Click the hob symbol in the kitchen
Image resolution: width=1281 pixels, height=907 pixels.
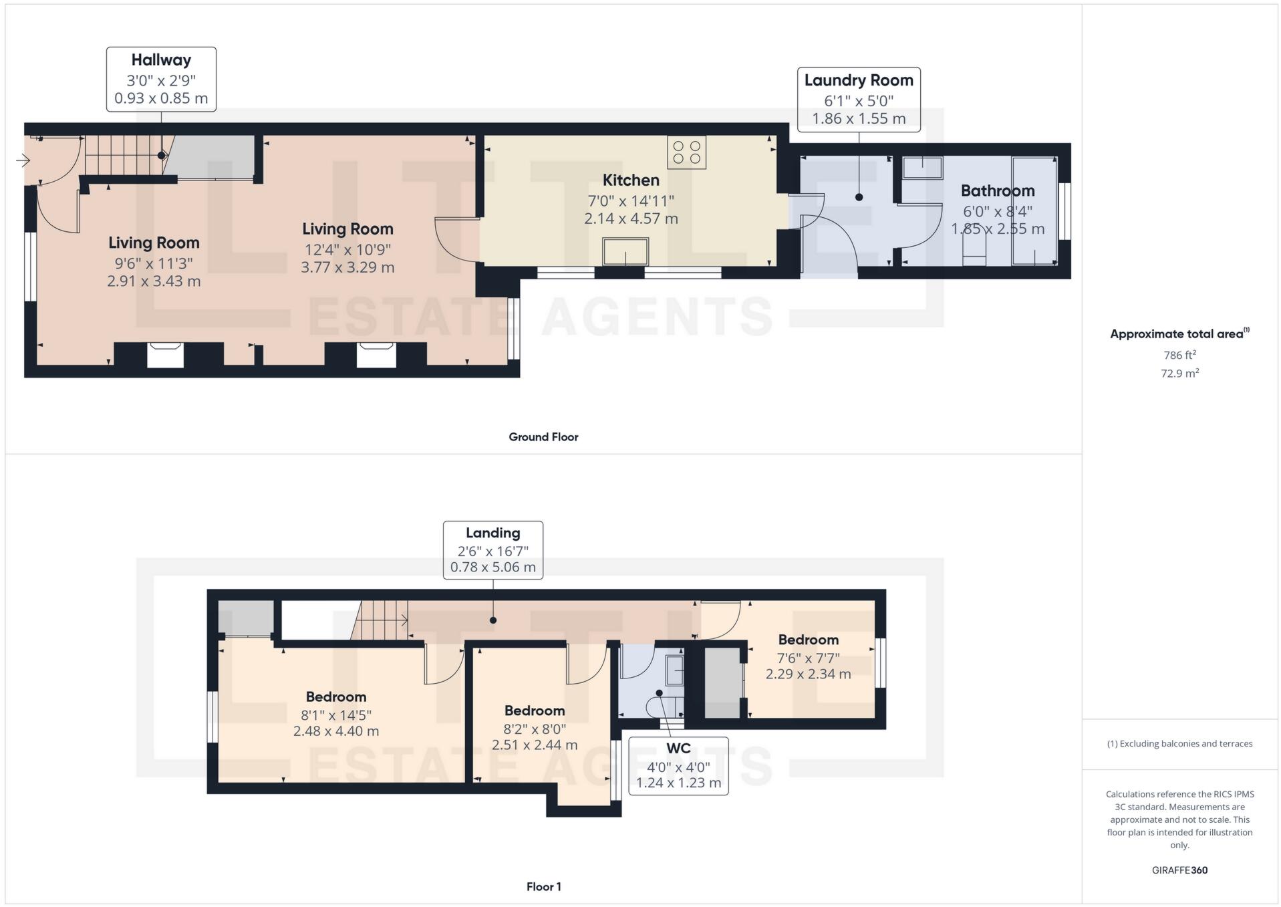[686, 152]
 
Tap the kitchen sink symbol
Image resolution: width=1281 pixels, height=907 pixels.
[625, 251]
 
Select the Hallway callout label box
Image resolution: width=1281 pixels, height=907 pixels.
[161, 79]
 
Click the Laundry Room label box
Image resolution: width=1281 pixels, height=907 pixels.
[859, 100]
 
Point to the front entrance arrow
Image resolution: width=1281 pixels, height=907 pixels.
[23, 160]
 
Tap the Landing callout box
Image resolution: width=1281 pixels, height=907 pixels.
[493, 550]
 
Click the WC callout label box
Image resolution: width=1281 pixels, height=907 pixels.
[678, 766]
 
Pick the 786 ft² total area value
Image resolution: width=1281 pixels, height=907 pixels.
[1179, 355]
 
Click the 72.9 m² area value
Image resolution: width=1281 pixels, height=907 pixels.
[1179, 373]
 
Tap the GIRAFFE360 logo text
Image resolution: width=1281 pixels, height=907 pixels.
[1179, 870]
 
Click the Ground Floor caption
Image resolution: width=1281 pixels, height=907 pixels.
[543, 437]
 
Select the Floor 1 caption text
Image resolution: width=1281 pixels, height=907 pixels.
[543, 887]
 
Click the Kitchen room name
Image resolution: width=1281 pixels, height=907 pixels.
[631, 180]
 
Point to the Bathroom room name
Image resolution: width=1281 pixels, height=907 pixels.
[998, 190]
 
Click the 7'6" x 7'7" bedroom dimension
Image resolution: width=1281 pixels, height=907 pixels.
[808, 658]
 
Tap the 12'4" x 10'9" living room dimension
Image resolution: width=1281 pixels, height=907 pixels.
[347, 249]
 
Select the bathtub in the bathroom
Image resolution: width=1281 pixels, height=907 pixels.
[1034, 211]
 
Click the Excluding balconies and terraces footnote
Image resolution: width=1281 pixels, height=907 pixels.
[1179, 744]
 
